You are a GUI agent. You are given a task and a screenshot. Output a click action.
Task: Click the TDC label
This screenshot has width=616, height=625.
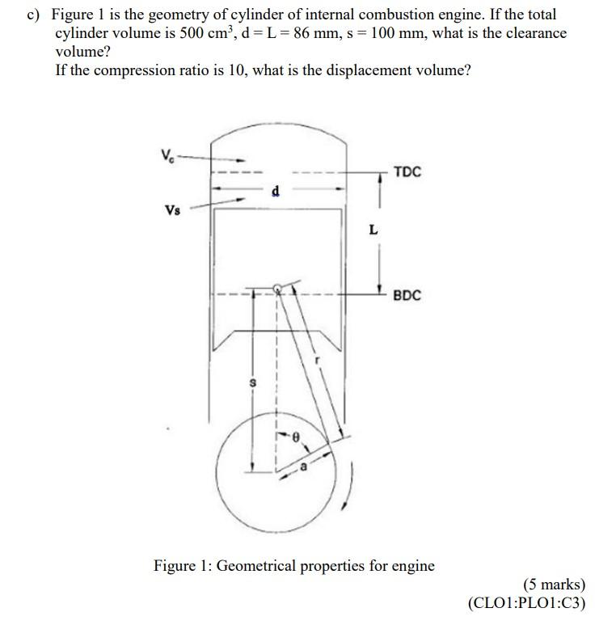click(x=407, y=172)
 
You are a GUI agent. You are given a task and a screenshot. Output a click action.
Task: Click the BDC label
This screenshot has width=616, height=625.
click(x=407, y=296)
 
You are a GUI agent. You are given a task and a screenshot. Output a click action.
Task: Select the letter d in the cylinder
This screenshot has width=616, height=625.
click(x=276, y=192)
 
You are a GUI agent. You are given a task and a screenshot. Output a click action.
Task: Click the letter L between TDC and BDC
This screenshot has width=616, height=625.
click(x=373, y=230)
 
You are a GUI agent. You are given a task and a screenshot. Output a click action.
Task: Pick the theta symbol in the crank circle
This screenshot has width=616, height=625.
click(x=296, y=437)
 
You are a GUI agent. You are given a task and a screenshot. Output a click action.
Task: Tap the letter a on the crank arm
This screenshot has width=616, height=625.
click(x=303, y=467)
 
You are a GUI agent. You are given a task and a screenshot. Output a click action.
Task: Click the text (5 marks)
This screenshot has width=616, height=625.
click(x=554, y=584)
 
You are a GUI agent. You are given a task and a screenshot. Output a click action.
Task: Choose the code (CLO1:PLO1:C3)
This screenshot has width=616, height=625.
click(x=526, y=602)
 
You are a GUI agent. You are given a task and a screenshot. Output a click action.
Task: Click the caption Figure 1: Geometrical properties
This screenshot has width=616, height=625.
click(x=293, y=565)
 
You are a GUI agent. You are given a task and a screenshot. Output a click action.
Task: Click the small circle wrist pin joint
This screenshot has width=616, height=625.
click(x=277, y=289)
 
